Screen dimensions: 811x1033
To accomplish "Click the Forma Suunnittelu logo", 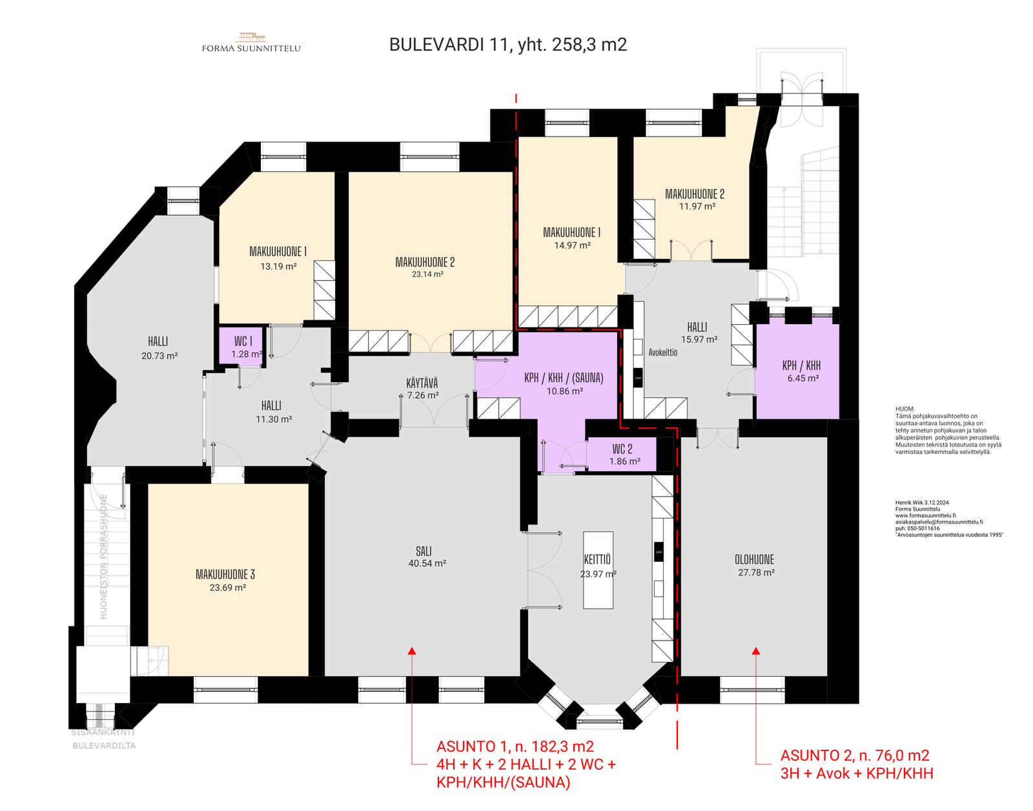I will pyautogui.click(x=251, y=43).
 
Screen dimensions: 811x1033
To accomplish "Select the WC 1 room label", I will pyautogui.click(x=243, y=341).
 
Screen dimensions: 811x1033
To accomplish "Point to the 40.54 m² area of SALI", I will pyautogui.click(x=427, y=564).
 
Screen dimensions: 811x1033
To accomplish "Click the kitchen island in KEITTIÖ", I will pyautogui.click(x=598, y=570).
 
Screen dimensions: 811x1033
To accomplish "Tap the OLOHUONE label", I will pyautogui.click(x=754, y=560).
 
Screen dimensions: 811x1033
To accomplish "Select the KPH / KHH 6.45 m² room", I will pyautogui.click(x=801, y=371).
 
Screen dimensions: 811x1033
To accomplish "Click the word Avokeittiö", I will pyautogui.click(x=663, y=353).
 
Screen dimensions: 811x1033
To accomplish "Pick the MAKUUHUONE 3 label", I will pyautogui.click(x=225, y=574).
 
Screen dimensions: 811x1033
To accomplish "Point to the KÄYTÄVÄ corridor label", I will pyautogui.click(x=422, y=384).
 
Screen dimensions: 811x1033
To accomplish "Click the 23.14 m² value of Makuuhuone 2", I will pyautogui.click(x=427, y=274).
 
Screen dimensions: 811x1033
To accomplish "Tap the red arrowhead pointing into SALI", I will pyautogui.click(x=411, y=651).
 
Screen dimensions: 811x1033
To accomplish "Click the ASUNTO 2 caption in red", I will pyautogui.click(x=854, y=755).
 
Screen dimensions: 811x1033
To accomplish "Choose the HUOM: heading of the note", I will pyautogui.click(x=905, y=409).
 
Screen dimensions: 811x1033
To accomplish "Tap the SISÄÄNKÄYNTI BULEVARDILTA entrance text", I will pyautogui.click(x=103, y=739).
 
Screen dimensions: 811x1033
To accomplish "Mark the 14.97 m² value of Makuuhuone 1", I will pyautogui.click(x=572, y=245).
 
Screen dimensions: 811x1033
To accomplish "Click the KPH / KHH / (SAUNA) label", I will pyautogui.click(x=564, y=378).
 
